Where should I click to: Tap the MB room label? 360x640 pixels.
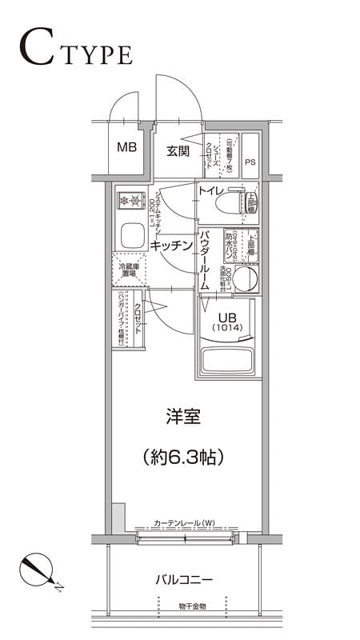(x=126, y=147)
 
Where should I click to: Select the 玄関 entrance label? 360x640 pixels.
(x=178, y=151)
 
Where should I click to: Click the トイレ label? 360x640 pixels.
(x=210, y=190)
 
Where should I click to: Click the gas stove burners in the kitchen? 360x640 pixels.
(x=129, y=199)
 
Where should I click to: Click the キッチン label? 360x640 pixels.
(x=172, y=246)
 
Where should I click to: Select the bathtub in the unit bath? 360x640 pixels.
(x=227, y=359)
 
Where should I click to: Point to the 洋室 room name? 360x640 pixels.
(x=182, y=417)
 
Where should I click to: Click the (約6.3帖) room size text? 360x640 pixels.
(x=182, y=457)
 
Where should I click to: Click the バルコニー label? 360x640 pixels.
(x=183, y=579)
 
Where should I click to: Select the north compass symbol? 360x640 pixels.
(x=37, y=570)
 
